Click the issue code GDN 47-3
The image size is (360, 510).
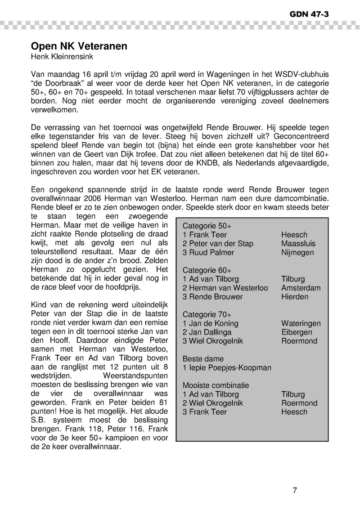[309, 14]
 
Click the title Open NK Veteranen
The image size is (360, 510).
[79, 46]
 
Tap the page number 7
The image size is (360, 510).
[295, 490]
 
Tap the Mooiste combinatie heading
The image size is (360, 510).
[216, 385]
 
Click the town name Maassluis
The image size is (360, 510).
[298, 244]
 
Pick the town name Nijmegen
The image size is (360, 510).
[297, 253]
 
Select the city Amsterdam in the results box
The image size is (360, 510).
[301, 288]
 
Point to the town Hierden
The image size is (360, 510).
[295, 297]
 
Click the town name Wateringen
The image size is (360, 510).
[301, 323]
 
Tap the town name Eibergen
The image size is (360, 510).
[296, 332]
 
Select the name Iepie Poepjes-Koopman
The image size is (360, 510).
[227, 368]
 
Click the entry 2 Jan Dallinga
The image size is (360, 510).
[207, 332]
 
